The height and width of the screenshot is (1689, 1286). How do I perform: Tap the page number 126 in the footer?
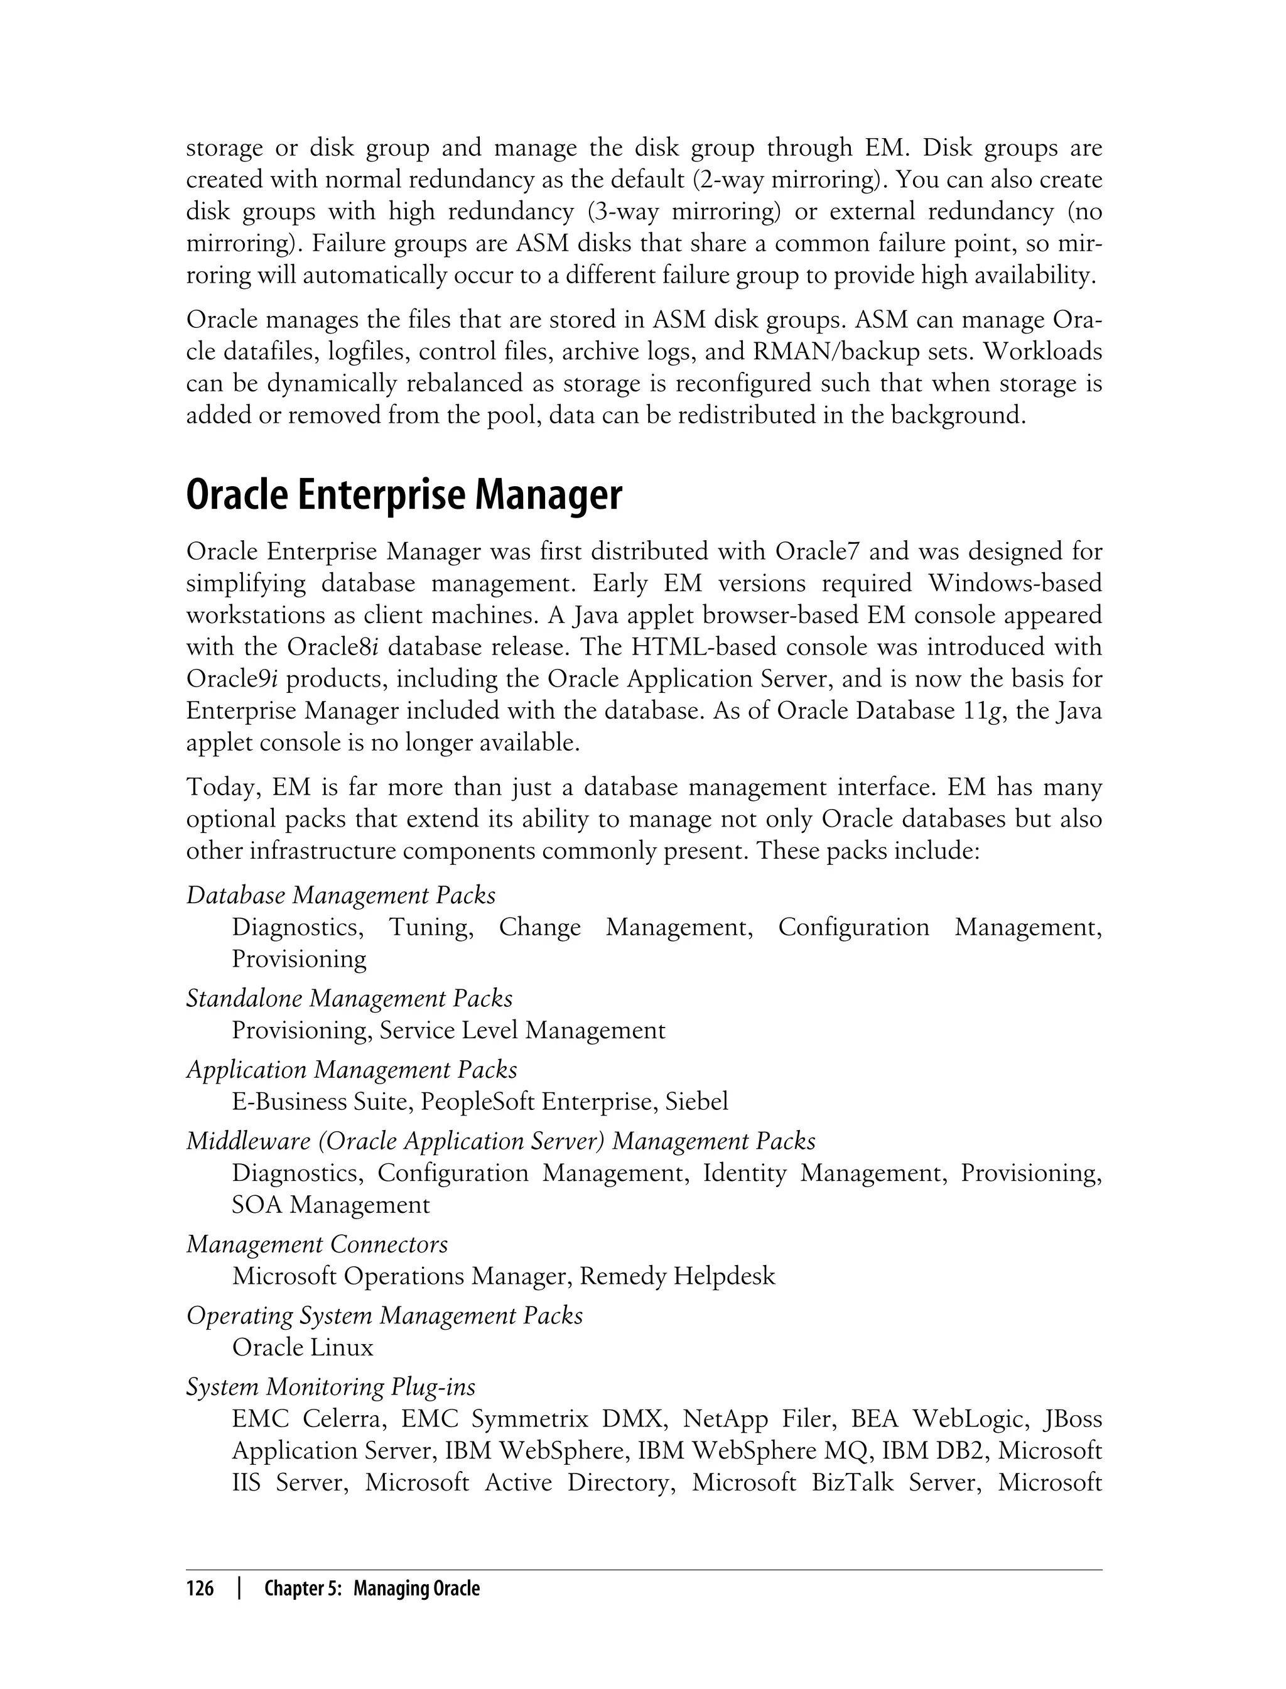[x=200, y=1589]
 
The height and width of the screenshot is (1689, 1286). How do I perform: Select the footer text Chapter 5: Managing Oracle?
[x=372, y=1589]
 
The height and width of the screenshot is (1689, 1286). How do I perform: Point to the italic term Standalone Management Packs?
[x=349, y=999]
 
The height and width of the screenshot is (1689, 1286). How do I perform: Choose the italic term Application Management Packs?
[x=352, y=1070]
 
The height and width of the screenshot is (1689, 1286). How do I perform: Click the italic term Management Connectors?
[x=317, y=1244]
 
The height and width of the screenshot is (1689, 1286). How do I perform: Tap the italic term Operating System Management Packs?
[x=384, y=1315]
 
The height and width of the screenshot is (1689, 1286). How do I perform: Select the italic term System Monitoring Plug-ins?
[x=331, y=1387]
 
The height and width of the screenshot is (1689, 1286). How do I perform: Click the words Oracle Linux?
[x=303, y=1347]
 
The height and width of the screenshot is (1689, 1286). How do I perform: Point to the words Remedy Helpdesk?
[x=677, y=1276]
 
